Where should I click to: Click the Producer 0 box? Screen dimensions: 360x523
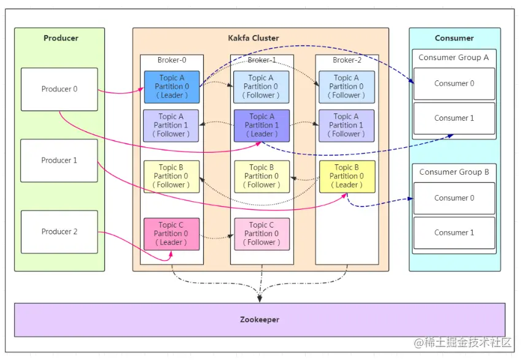59,89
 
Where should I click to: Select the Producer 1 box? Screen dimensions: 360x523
59,160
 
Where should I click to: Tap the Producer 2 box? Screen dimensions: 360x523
59,231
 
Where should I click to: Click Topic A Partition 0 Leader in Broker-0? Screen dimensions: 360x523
172,86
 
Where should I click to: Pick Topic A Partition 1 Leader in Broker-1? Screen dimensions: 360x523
261,125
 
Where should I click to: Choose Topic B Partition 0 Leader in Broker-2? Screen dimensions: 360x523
347,176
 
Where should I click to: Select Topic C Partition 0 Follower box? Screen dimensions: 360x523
261,234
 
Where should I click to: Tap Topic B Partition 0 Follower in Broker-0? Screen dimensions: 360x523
172,176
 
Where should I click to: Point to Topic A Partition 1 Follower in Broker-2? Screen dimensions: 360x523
346,125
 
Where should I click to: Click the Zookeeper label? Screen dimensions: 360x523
259,320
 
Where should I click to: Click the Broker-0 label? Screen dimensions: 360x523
172,60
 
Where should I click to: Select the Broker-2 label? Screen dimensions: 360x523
347,60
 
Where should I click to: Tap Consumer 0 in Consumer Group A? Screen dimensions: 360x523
454,83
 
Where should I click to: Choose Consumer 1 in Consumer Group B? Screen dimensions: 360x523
454,232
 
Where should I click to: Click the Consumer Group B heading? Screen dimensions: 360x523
454,172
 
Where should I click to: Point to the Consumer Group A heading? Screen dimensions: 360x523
454,57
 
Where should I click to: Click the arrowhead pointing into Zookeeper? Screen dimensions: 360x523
260,299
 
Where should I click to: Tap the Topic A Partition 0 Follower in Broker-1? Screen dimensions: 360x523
261,86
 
